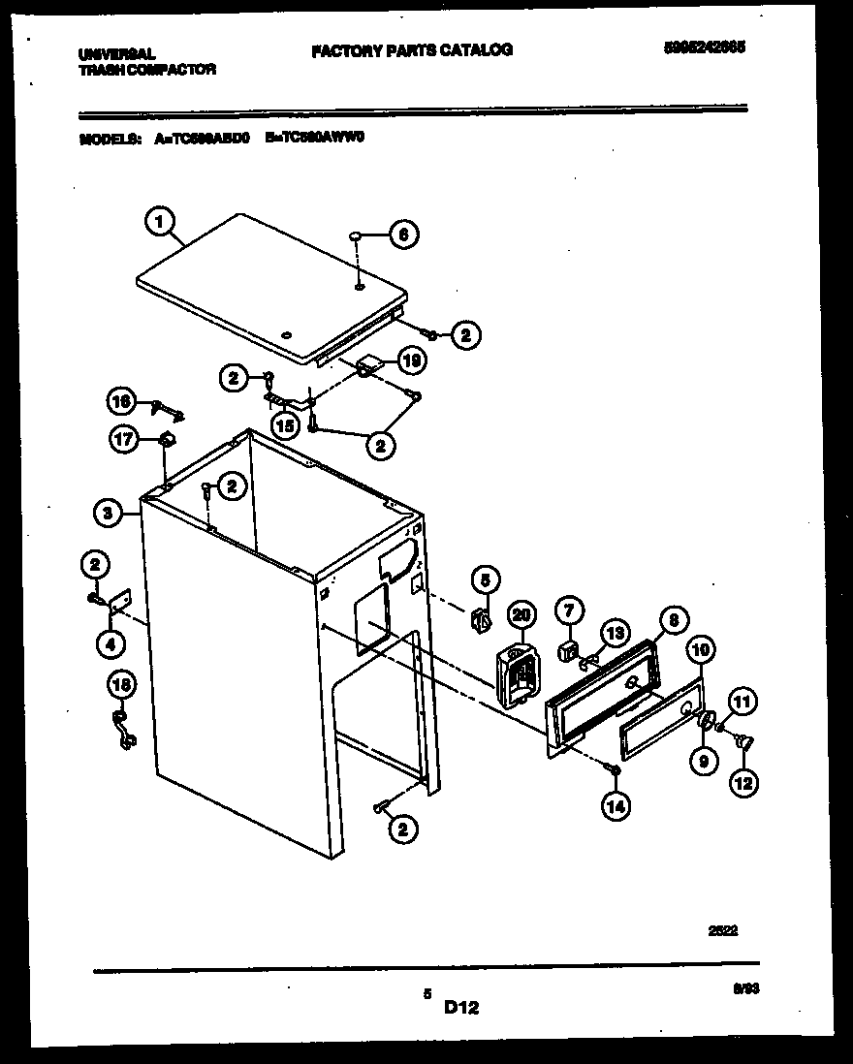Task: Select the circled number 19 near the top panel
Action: click(412, 361)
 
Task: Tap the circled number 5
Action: click(486, 579)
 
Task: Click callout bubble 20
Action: click(522, 613)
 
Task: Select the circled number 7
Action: click(569, 610)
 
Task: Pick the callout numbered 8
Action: click(672, 619)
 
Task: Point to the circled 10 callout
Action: click(701, 647)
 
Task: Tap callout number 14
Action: click(614, 804)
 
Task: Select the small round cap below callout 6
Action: click(355, 235)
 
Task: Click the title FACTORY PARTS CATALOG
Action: click(412, 49)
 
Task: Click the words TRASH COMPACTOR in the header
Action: click(147, 70)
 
